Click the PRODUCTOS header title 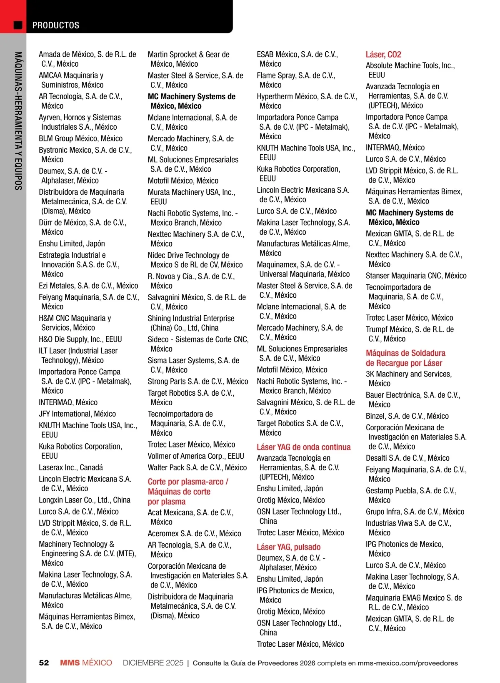(x=56, y=25)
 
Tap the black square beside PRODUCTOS (x=18, y=25)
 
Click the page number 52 (x=44, y=663)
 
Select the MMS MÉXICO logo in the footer (x=86, y=663)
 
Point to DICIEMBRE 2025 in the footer (x=153, y=663)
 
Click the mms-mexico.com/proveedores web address (x=407, y=663)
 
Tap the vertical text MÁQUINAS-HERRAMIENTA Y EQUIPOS (x=18, y=121)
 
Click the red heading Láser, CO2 (x=383, y=54)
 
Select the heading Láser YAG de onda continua (x=303, y=447)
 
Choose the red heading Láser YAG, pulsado (x=288, y=547)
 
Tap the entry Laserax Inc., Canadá (x=71, y=467)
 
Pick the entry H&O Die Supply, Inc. (x=80, y=339)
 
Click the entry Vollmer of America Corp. (x=196, y=456)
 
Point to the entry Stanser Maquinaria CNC (x=416, y=276)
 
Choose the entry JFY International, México (x=77, y=414)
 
